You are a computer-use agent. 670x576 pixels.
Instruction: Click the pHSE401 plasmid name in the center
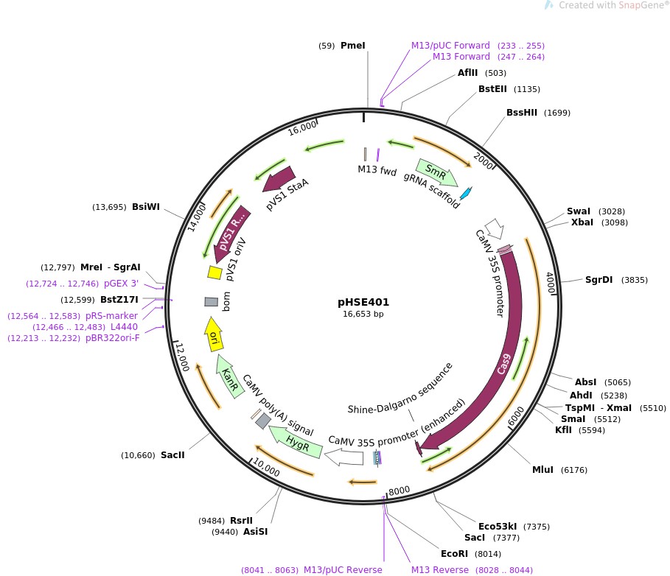point(363,302)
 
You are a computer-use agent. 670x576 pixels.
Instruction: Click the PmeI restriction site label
point(352,46)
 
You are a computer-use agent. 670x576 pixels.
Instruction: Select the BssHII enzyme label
point(522,113)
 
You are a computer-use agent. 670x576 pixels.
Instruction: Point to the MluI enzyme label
point(544,470)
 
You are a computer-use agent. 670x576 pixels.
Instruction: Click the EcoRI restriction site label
point(455,553)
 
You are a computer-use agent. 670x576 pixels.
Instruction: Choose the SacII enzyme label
point(172,455)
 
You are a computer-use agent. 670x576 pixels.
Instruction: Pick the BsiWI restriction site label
point(146,207)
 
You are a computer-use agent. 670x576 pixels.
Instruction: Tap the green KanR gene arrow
point(231,376)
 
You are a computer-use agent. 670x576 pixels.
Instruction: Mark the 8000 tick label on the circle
point(399,491)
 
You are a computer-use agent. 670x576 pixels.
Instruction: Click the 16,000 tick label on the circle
point(301,128)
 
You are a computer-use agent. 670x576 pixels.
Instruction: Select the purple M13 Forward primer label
point(461,57)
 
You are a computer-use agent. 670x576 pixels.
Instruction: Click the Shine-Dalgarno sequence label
point(399,387)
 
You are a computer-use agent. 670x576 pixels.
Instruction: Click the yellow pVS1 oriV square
point(214,273)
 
